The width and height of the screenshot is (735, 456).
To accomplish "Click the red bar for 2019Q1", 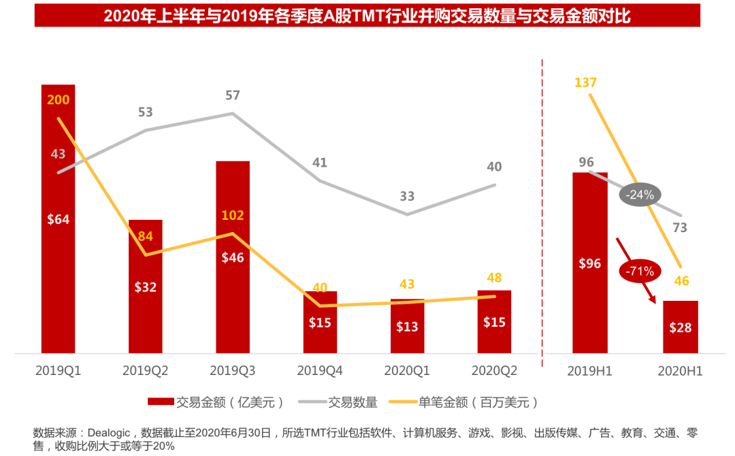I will pyautogui.click(x=58, y=272).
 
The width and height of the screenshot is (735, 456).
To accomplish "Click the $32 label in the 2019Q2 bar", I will pyautogui.click(x=145, y=287).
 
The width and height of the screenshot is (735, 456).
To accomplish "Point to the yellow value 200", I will pyautogui.click(x=58, y=100).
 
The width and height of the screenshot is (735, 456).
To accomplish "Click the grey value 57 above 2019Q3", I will pyautogui.click(x=233, y=95).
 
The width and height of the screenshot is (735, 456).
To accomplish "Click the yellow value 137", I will pyautogui.click(x=585, y=83).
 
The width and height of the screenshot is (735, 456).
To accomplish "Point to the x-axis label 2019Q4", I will pyautogui.click(x=320, y=372).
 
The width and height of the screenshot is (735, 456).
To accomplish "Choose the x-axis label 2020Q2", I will pyautogui.click(x=495, y=372).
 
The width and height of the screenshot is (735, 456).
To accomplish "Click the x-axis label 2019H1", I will pyautogui.click(x=589, y=372).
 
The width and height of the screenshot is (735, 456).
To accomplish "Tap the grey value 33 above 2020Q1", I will pyautogui.click(x=407, y=196).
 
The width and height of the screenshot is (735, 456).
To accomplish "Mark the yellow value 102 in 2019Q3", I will pyautogui.click(x=233, y=216).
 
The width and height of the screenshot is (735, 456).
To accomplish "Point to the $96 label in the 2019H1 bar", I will pyautogui.click(x=589, y=263).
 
